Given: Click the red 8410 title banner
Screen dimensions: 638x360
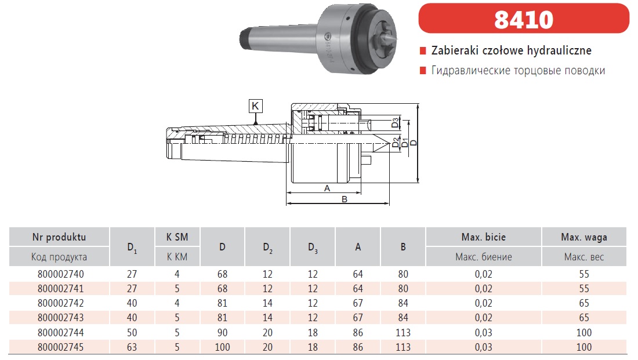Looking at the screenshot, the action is (524, 19).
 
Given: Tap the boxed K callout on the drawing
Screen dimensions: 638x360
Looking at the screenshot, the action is (255, 106).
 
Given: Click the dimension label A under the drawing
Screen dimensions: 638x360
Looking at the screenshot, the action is (327, 188).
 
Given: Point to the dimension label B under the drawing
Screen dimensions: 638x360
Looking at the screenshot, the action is (344, 199).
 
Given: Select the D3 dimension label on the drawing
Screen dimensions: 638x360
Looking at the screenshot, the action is (395, 122).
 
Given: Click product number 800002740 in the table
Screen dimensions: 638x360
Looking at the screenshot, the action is (60, 274).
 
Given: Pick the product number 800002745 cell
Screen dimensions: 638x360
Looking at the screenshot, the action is (60, 347).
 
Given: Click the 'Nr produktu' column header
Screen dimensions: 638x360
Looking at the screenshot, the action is (59, 237).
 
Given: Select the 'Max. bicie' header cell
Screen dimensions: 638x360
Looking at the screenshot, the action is (483, 237).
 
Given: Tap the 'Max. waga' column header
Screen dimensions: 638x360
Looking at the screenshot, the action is (584, 237).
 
